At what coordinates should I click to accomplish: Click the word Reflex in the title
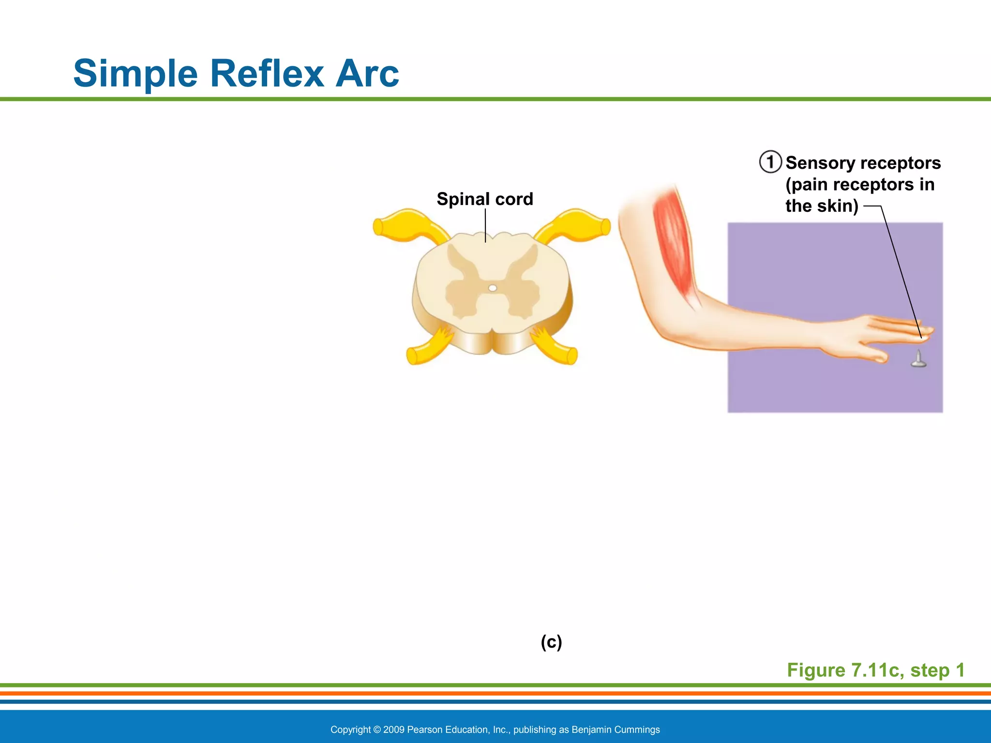pyautogui.click(x=267, y=74)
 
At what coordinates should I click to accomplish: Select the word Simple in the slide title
pyautogui.click(x=135, y=74)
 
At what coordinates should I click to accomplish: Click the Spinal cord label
pyautogui.click(x=485, y=199)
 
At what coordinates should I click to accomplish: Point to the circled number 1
pyautogui.click(x=770, y=162)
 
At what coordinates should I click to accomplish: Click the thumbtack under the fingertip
pyautogui.click(x=918, y=360)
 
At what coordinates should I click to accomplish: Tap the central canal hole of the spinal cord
pyautogui.click(x=493, y=288)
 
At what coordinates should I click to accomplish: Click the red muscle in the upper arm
pyautogui.click(x=674, y=242)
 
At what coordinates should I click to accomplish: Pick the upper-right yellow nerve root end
pyautogui.click(x=604, y=226)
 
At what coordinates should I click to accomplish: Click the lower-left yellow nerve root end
pyautogui.click(x=412, y=356)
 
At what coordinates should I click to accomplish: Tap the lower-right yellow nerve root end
pyautogui.click(x=571, y=356)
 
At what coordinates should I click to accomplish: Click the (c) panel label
pyautogui.click(x=551, y=642)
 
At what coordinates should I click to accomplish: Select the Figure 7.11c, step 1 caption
pyautogui.click(x=875, y=670)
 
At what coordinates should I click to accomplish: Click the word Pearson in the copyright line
pyautogui.click(x=424, y=729)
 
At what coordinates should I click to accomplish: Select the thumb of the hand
pyautogui.click(x=876, y=356)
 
